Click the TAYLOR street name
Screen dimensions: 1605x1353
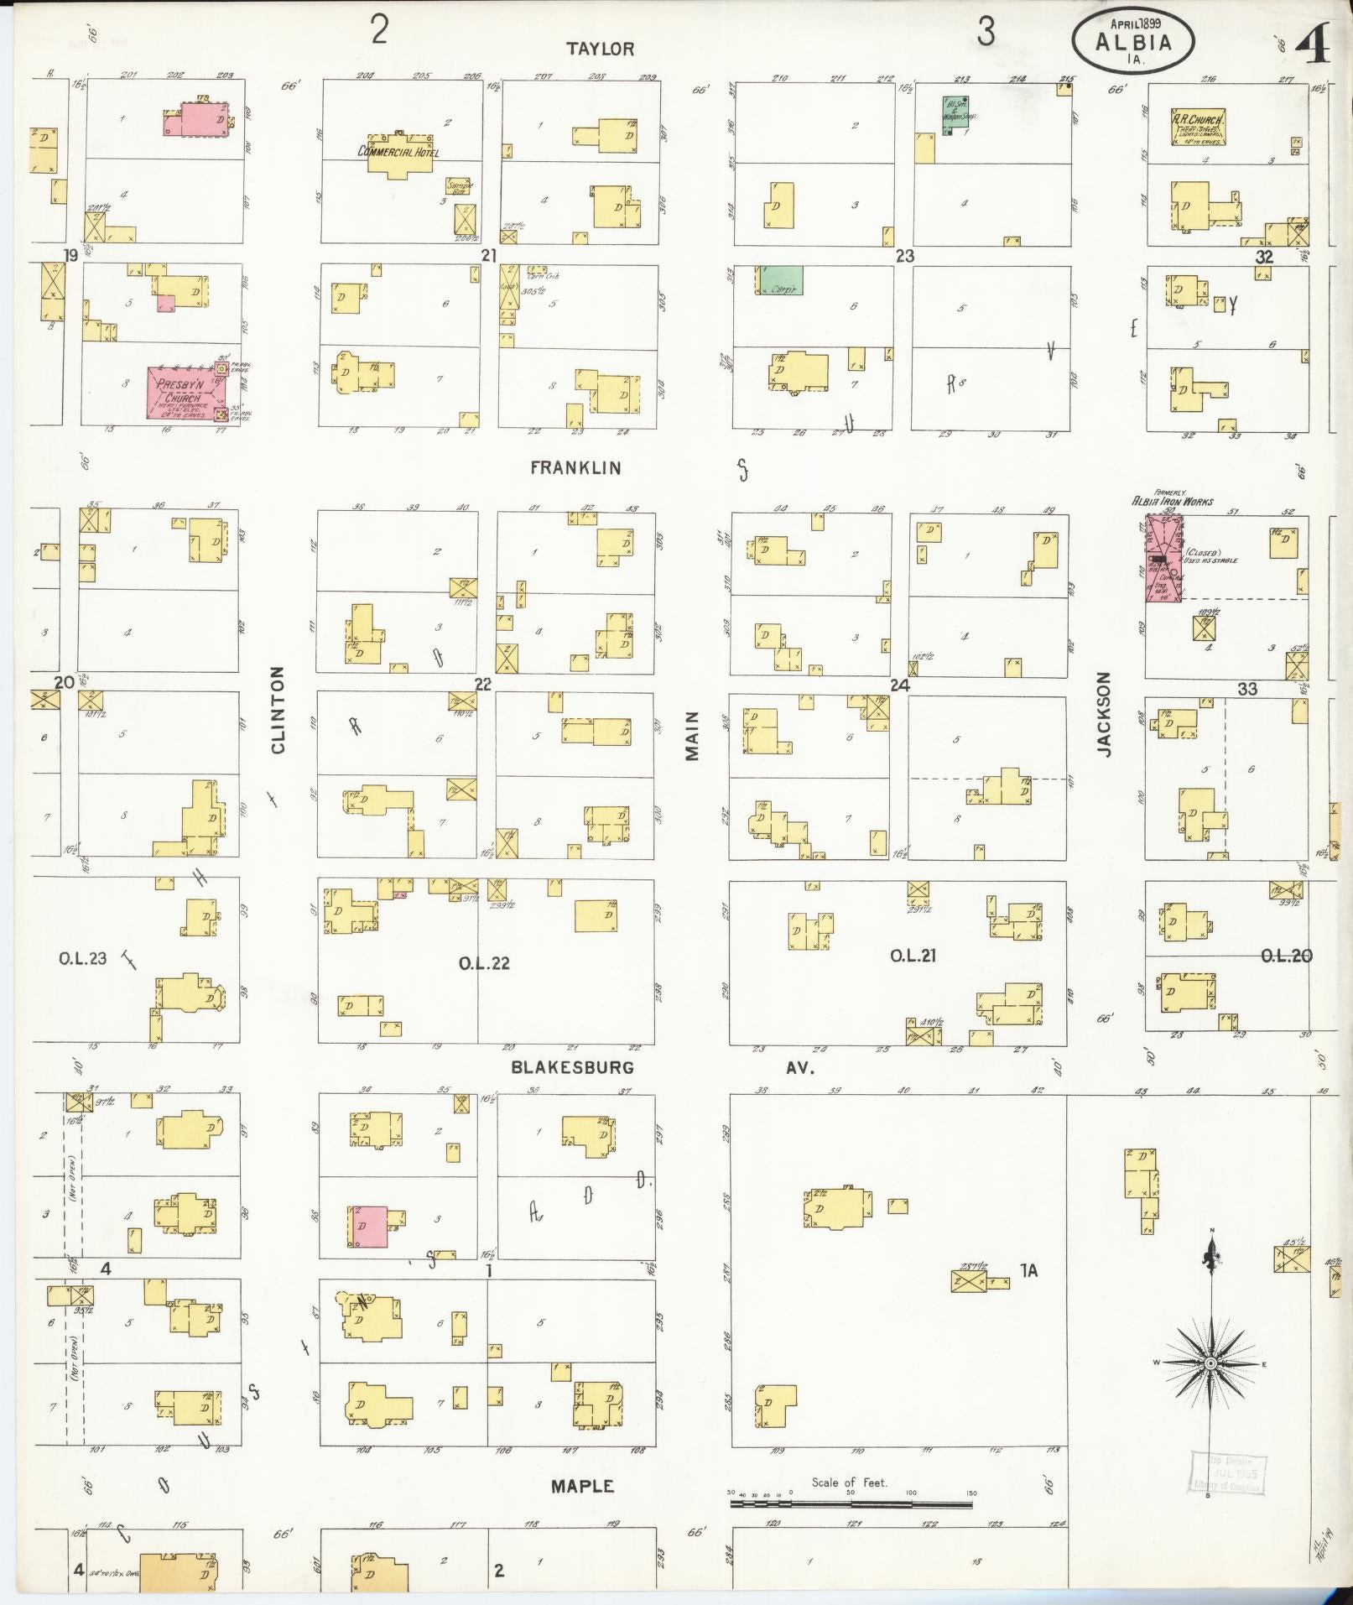pyautogui.click(x=600, y=49)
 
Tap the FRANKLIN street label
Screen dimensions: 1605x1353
pyautogui.click(x=575, y=468)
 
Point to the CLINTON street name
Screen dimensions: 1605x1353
pyautogui.click(x=278, y=710)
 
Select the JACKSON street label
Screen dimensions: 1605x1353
pyautogui.click(x=1104, y=715)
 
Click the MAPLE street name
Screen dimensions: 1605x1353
pyautogui.click(x=582, y=1486)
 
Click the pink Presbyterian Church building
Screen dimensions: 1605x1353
pyautogui.click(x=183, y=393)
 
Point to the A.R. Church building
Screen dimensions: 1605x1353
pyautogui.click(x=1198, y=128)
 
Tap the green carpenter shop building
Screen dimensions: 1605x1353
pyautogui.click(x=780, y=280)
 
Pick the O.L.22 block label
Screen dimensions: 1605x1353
pyautogui.click(x=484, y=963)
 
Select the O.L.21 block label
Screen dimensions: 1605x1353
pyautogui.click(x=913, y=956)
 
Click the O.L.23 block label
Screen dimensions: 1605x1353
pyautogui.click(x=82, y=958)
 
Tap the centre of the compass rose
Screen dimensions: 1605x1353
pyautogui.click(x=1210, y=1365)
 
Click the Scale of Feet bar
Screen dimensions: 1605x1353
pyautogui.click(x=851, y=1504)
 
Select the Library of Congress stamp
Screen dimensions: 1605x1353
pyautogui.click(x=1228, y=1474)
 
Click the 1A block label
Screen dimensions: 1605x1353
pyautogui.click(x=1028, y=1270)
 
